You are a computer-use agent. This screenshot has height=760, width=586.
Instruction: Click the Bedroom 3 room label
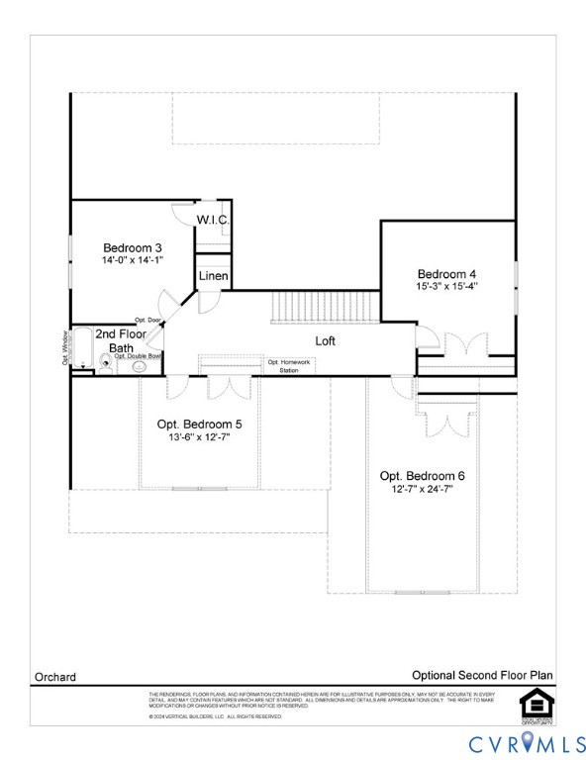pos(133,247)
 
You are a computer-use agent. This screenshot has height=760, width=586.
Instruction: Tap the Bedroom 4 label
pos(446,274)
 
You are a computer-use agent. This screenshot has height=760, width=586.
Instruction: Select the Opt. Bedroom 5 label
pos(198,424)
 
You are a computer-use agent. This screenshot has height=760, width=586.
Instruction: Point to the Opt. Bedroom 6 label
pos(422,476)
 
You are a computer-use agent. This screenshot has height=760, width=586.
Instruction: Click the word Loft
pos(326,340)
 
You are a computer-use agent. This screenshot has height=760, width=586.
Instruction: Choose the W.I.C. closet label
pos(213,220)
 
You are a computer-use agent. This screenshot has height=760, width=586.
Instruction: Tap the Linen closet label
pos(214,275)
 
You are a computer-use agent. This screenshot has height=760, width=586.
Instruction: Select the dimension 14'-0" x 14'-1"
pos(132,260)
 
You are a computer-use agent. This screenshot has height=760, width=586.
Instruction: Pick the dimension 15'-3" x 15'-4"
pos(446,287)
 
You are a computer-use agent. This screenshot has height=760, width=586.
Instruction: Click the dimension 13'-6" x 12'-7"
pos(198,436)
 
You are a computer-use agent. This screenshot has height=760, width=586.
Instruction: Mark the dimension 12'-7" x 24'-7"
pos(422,489)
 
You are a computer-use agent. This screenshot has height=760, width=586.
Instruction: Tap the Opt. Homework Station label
pos(289,365)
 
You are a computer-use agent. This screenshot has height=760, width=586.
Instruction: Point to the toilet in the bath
pos(106,364)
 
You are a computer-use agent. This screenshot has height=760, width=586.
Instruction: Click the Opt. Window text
pos(64,347)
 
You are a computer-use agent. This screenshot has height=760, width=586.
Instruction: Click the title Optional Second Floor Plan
pos(482,675)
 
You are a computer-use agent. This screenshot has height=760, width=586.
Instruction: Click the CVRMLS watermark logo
pos(527,740)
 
